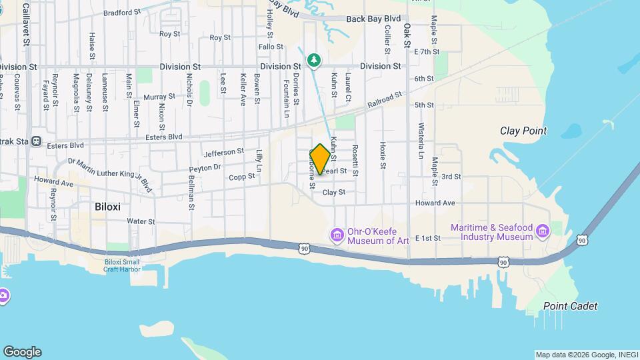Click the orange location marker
(x=320, y=160)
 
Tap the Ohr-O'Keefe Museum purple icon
(x=337, y=235)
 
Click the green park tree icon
(x=314, y=61)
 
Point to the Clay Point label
(x=523, y=131)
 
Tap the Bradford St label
(x=123, y=12)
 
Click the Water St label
(x=141, y=221)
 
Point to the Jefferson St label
(x=224, y=153)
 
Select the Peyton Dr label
(x=205, y=167)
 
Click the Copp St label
(x=241, y=177)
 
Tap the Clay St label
(x=333, y=192)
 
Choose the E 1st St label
(x=428, y=237)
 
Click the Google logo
(x=22, y=352)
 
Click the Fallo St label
(x=271, y=47)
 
